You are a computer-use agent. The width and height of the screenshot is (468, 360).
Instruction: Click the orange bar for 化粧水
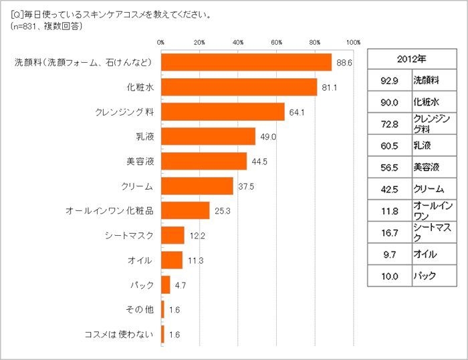[x=239, y=87]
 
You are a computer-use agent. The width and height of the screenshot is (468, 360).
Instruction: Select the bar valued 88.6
[x=247, y=62]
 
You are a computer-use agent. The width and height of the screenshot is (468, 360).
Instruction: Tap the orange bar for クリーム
[x=197, y=186]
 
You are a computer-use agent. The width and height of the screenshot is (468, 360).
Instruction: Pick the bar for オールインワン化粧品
[x=185, y=210]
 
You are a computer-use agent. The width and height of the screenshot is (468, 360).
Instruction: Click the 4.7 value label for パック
[x=181, y=285]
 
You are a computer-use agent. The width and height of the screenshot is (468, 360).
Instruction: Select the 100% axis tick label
[x=353, y=42]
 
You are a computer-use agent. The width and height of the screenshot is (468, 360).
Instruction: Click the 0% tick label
[x=161, y=42]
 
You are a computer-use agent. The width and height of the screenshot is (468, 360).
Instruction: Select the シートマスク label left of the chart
[x=129, y=235]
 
